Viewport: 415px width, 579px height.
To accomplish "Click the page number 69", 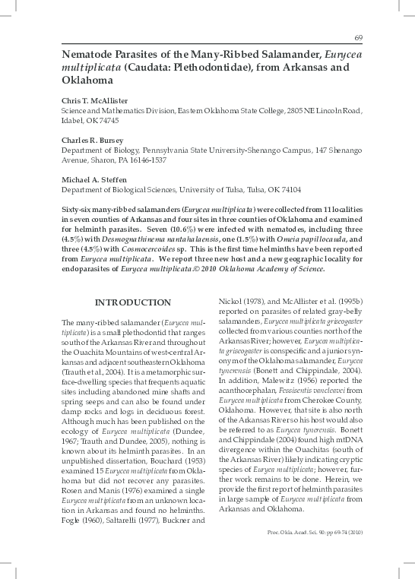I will coord(359,39).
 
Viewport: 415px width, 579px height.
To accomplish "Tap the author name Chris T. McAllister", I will coord(97,100).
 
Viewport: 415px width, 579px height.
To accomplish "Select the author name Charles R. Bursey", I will coord(94,140).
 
